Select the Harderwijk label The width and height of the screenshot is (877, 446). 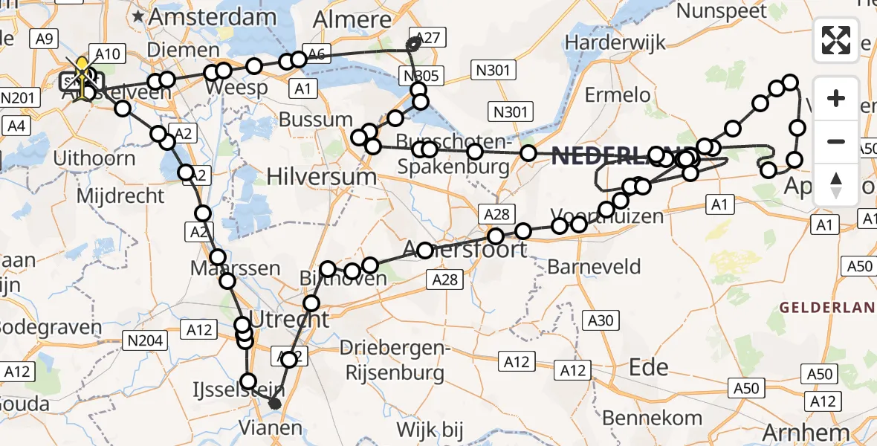pyautogui.click(x=606, y=42)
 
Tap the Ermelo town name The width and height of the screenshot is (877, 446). pyautogui.click(x=618, y=94)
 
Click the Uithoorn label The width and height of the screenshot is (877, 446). pyautogui.click(x=94, y=158)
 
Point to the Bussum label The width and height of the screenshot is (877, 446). pyautogui.click(x=316, y=119)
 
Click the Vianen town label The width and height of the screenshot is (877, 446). pyautogui.click(x=271, y=427)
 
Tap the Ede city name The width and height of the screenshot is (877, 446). pyautogui.click(x=648, y=366)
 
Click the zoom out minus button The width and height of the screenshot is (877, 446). pyautogui.click(x=837, y=141)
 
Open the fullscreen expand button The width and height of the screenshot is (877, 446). pyautogui.click(x=837, y=40)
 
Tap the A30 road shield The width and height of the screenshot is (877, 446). pyautogui.click(x=601, y=320)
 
